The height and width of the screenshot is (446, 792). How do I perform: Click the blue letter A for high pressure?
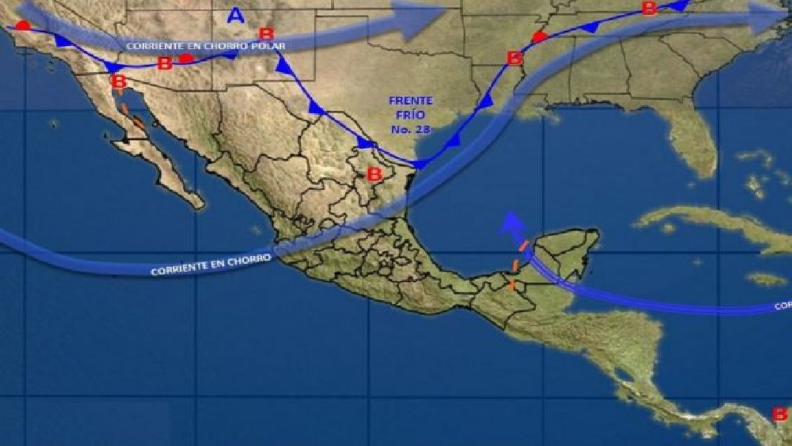tap(235, 15)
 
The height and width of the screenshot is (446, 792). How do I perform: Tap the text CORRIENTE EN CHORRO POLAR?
tap(205, 46)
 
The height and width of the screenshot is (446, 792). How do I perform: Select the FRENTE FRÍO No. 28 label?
tap(411, 115)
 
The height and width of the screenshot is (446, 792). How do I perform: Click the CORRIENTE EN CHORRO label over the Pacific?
tap(210, 265)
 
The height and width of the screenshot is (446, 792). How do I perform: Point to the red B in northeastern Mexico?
tap(374, 175)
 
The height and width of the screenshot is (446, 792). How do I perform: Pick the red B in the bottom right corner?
tap(780, 414)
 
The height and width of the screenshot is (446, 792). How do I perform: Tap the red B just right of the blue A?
tap(266, 33)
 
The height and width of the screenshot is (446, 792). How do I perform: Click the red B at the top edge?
tap(648, 8)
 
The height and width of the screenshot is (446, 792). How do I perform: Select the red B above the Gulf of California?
tap(118, 81)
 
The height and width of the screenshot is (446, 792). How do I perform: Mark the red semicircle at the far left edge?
tap(23, 25)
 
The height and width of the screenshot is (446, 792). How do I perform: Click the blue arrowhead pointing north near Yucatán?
tap(510, 221)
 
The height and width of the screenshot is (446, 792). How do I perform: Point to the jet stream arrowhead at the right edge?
tap(770, 17)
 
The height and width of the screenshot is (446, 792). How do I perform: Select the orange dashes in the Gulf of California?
tap(133, 117)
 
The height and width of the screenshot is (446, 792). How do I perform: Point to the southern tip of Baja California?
tap(197, 204)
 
